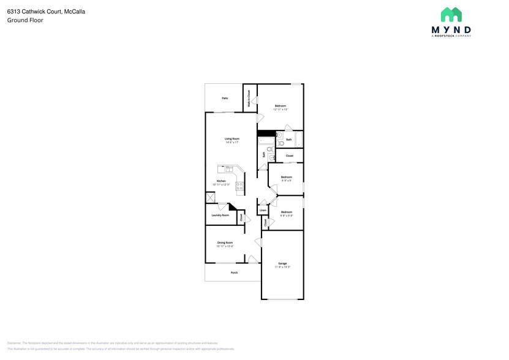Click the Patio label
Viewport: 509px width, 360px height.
225,98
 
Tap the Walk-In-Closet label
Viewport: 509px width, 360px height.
249,99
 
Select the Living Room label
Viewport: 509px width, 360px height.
231,139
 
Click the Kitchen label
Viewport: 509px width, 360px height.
221,181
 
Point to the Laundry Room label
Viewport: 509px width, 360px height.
220,215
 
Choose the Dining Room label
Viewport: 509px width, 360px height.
225,242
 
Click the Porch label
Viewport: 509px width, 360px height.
234,272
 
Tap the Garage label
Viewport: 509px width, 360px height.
282,263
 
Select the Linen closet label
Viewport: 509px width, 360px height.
263,210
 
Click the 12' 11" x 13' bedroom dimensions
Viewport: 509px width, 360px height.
281,110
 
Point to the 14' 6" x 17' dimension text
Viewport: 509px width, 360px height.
231,143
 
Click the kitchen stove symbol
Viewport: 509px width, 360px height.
240,187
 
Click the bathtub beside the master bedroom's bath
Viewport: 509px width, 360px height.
266,143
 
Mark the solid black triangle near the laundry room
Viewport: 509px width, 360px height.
232,207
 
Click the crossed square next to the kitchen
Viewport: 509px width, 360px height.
210,197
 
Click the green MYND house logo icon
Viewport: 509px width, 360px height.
451,15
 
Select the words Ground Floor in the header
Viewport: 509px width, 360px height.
25,20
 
